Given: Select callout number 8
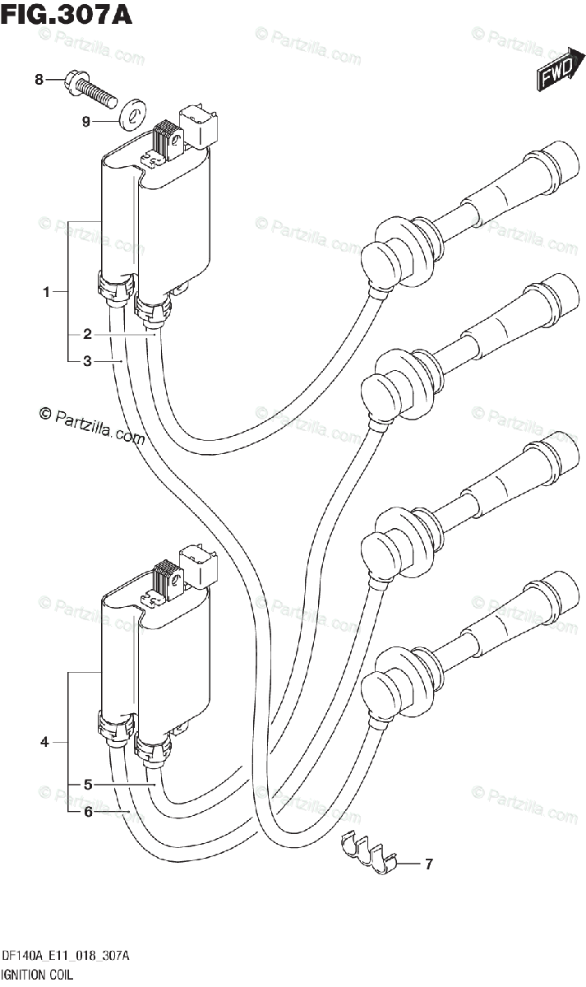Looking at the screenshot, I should coord(39,80).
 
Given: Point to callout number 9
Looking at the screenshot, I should coord(85,122).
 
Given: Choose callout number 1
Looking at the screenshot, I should coord(47,291).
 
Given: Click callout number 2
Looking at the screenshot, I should coord(86,334).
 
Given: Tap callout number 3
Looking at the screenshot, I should coord(86,360).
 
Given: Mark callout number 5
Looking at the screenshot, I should coord(86,785).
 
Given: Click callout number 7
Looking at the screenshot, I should coord(428,864).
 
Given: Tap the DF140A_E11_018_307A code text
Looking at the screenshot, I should coord(67,956).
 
